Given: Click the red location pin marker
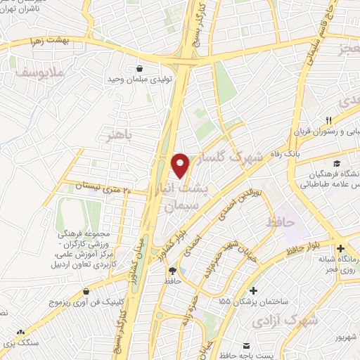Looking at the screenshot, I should pyautogui.click(x=181, y=165).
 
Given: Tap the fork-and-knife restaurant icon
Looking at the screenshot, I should pyautogui.click(x=328, y=121).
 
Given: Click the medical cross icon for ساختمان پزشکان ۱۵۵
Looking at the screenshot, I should pyautogui.click(x=254, y=290).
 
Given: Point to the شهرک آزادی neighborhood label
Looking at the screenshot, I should pyautogui.click(x=285, y=319).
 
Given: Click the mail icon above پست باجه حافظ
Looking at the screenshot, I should pyautogui.click(x=246, y=345).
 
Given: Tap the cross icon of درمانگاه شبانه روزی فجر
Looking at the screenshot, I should pyautogui.click(x=340, y=249).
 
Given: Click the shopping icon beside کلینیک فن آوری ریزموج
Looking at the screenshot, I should pyautogui.click(x=86, y=290).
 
